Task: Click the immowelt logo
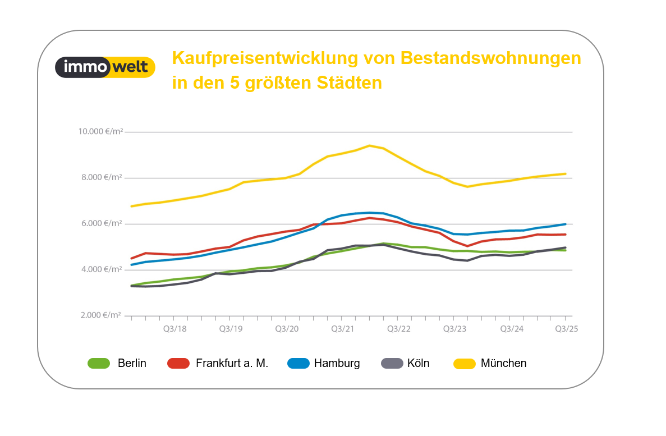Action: [105, 67]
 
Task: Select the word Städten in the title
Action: [350, 83]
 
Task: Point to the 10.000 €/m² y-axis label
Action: [100, 132]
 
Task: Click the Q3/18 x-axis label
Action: [174, 329]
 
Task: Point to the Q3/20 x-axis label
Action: [286, 329]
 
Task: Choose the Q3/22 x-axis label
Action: [399, 329]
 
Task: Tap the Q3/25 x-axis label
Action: [566, 329]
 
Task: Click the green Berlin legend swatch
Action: [99, 364]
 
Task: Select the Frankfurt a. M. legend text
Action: [232, 364]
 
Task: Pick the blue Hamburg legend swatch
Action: [298, 364]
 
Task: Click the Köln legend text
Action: [418, 364]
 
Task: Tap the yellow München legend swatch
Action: [464, 364]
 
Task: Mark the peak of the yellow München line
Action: [369, 145]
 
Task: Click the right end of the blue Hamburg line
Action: [564, 224]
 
